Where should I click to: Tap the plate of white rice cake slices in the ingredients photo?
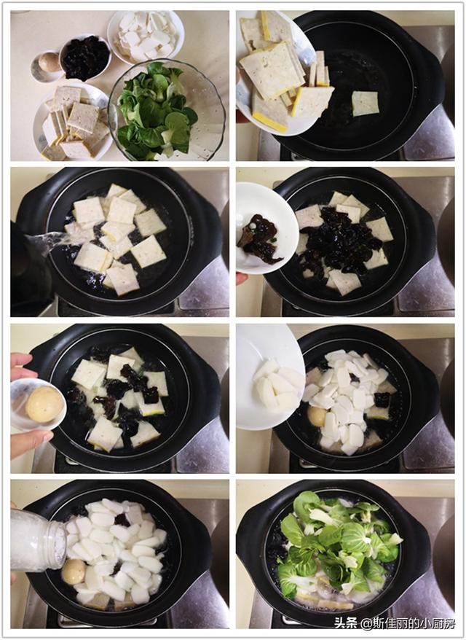coord(146,35)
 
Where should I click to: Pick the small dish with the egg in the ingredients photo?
coord(47,66)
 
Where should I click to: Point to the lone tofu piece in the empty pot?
coord(365,103)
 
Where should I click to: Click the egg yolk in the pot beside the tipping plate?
coord(317,416)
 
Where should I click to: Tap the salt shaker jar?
coord(36,540)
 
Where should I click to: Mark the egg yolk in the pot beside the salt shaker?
coord(73,571)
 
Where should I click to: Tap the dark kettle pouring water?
coord(29,270)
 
